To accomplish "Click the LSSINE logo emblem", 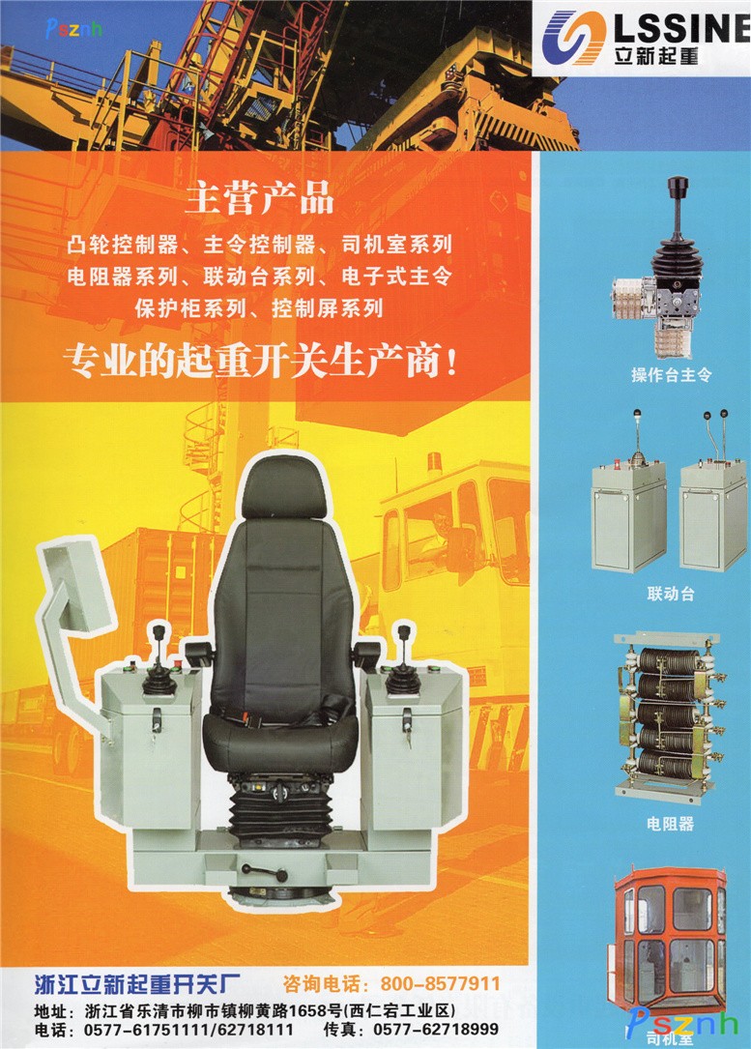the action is click(573, 37).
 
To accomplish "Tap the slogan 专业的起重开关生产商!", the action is click(262, 362).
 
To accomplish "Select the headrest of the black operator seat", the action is click(283, 488).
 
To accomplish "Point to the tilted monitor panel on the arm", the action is click(74, 585).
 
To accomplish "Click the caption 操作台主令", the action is click(672, 375).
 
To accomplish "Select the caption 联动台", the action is click(671, 594).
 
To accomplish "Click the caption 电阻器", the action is click(670, 824).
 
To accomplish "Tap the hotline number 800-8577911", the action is click(440, 983).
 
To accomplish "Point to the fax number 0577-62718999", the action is click(435, 1029).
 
